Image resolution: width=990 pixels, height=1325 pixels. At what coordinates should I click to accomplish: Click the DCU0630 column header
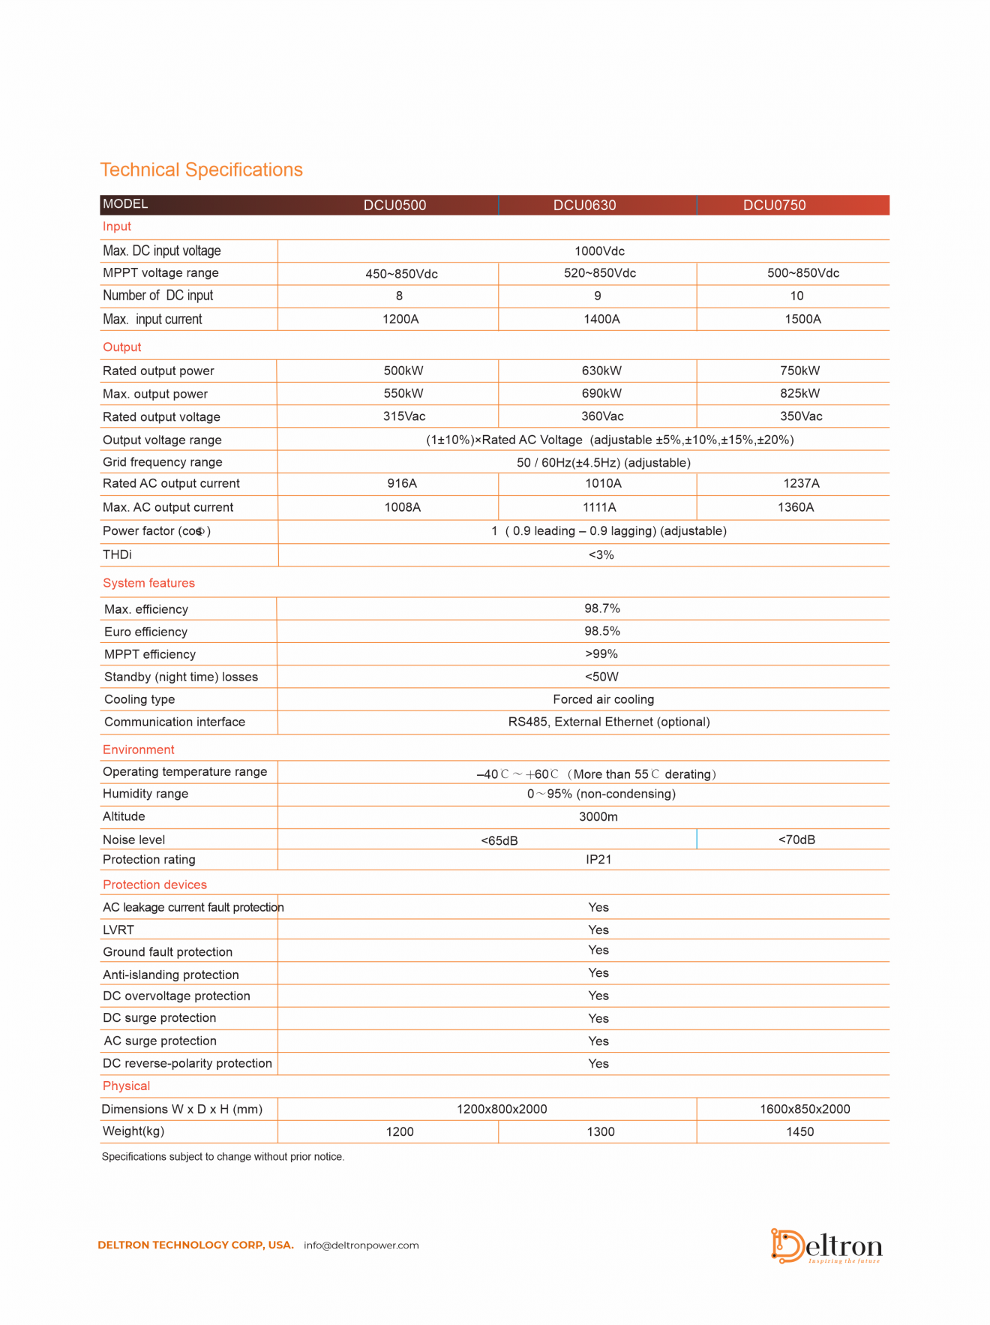(584, 206)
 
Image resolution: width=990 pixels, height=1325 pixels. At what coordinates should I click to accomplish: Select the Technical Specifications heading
(201, 170)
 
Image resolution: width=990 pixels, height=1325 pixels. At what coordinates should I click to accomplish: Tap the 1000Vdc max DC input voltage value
(599, 251)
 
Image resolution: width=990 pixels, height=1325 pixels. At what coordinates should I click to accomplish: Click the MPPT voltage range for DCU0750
(802, 273)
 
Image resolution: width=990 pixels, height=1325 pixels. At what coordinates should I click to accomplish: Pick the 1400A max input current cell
(601, 320)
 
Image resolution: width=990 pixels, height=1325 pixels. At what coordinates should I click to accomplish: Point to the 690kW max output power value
(601, 393)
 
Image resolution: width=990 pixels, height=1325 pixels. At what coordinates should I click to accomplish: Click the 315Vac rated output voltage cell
(404, 416)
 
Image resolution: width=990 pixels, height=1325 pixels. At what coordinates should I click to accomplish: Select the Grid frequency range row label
(162, 462)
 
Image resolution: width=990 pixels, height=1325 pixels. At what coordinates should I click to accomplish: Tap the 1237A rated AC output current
(801, 484)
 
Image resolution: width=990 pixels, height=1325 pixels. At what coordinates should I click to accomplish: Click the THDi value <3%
(601, 555)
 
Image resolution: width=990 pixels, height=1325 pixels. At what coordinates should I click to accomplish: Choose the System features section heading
(148, 583)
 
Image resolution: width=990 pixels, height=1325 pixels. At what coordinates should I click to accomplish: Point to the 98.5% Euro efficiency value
(602, 631)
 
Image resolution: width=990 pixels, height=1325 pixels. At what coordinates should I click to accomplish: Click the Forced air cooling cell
(603, 699)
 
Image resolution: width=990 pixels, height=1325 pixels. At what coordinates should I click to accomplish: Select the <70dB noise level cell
(796, 840)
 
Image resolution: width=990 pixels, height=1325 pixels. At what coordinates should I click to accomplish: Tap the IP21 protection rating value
(598, 860)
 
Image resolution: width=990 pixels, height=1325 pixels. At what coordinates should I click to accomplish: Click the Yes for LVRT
(598, 930)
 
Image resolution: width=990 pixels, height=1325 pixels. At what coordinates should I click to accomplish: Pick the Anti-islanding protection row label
(170, 975)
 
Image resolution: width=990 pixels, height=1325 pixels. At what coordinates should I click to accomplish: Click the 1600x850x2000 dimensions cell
(805, 1110)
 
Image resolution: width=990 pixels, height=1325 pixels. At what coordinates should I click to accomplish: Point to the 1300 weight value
(601, 1132)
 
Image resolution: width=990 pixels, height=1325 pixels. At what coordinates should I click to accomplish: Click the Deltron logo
(826, 1246)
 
